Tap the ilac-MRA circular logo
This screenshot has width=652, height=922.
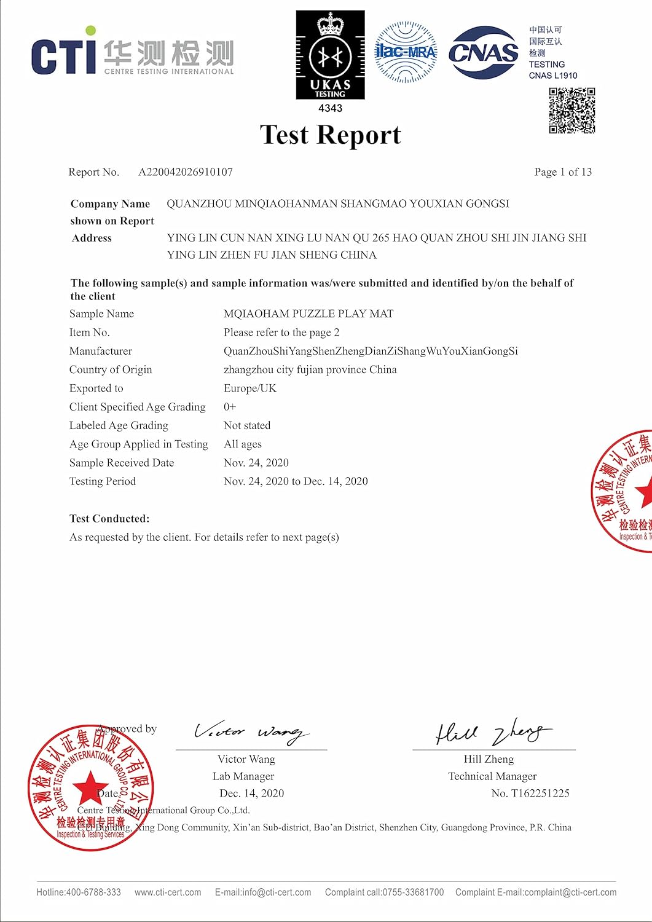[x=405, y=52]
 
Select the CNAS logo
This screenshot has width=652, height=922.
[x=484, y=53]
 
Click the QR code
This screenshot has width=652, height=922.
[x=572, y=111]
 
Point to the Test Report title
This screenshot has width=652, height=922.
[x=330, y=135]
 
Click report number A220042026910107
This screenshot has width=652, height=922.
[x=186, y=172]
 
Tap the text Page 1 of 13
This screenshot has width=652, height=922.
[x=563, y=172]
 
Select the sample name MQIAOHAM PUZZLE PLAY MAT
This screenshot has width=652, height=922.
[x=308, y=313]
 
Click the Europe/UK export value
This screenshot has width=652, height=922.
[x=250, y=388]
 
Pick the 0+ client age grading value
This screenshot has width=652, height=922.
[x=230, y=407]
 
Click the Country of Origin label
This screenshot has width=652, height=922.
[x=111, y=369]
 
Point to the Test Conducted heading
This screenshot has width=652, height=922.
[x=109, y=519]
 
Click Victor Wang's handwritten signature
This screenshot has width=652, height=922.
[x=251, y=731]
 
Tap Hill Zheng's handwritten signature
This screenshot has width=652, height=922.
[x=492, y=731]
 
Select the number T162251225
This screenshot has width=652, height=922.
[x=540, y=794]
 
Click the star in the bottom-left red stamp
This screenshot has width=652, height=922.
[x=90, y=787]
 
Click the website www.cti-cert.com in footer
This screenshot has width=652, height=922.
[x=168, y=892]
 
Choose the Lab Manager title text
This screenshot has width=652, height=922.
[x=243, y=776]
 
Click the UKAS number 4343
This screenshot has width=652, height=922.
[x=330, y=108]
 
